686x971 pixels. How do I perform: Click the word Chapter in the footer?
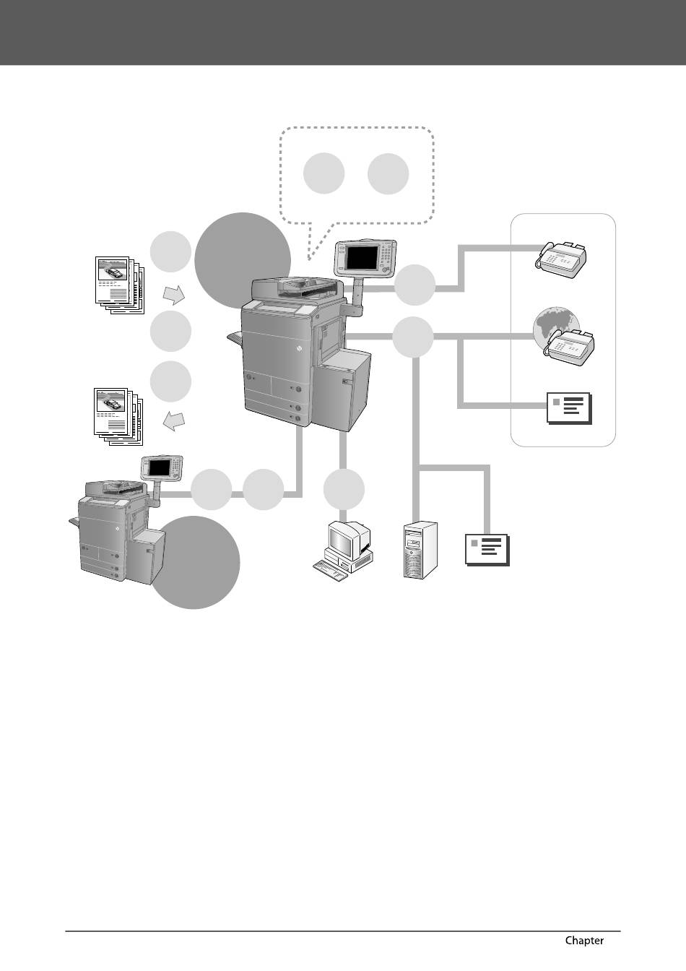point(584,940)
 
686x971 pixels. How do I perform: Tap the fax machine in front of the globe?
point(571,346)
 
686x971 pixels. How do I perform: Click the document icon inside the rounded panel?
point(570,408)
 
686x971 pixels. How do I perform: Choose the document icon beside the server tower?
point(487,550)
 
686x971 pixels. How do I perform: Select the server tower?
point(420,549)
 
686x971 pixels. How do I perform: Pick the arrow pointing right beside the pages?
point(173,294)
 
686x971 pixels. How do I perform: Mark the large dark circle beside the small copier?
point(194,562)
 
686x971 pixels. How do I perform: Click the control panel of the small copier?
point(163,467)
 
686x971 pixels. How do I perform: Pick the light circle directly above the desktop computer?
point(343,489)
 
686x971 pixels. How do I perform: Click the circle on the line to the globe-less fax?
point(414,285)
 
